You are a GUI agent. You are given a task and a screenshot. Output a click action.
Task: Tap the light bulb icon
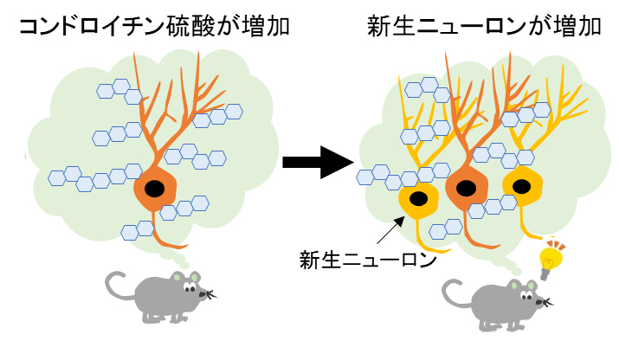[x=551, y=258]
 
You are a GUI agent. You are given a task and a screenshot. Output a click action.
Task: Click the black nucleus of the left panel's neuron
[x=155, y=189]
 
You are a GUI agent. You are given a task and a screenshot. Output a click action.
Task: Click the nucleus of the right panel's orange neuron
[x=465, y=187]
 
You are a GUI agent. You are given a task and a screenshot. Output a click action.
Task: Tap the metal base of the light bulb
[x=546, y=273]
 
